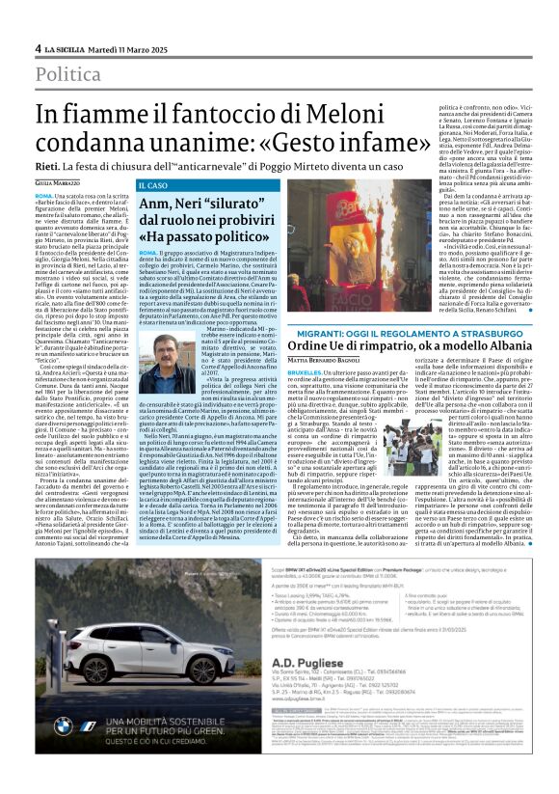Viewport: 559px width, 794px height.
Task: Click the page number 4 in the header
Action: click(x=39, y=48)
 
